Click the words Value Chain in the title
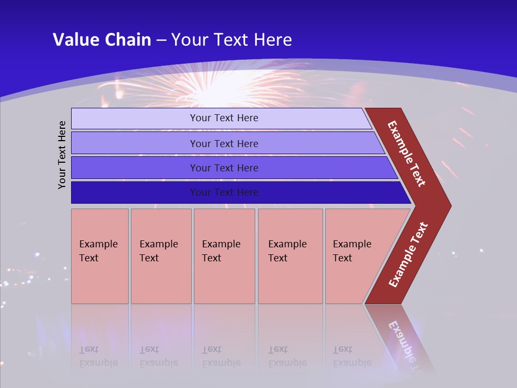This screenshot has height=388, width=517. tap(102, 39)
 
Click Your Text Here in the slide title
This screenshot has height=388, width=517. tap(232, 39)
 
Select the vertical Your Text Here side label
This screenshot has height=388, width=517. tap(62, 155)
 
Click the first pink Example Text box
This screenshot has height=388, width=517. tap(100, 256)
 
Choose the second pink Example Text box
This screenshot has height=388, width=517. tap(160, 256)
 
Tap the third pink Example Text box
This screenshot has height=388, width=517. tap(223, 256)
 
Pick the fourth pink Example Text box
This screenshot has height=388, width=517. tap(290, 256)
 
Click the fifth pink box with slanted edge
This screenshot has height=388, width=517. tap(355, 256)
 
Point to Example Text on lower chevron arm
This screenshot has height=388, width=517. tap(408, 255)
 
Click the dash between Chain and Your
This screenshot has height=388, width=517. tap(161, 40)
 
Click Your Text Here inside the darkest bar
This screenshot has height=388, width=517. tap(224, 192)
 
